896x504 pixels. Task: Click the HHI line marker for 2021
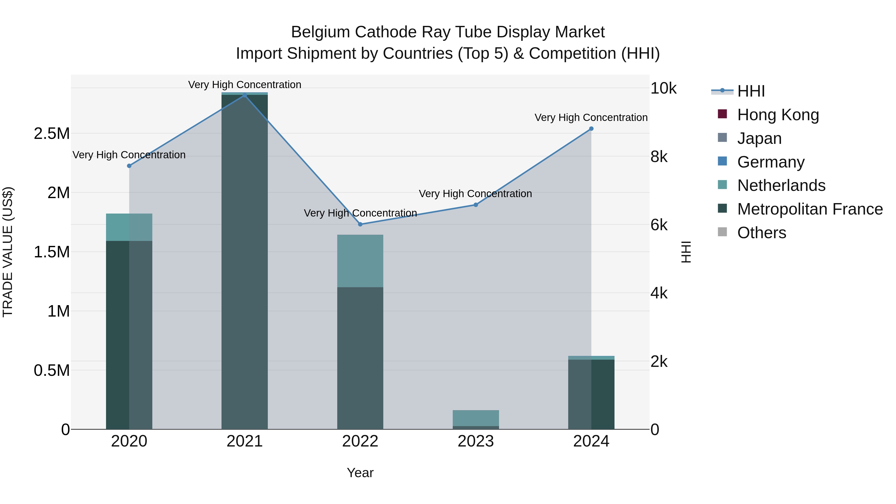coord(244,95)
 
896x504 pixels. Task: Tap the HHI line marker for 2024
coord(591,129)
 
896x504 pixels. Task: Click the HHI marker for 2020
coord(129,166)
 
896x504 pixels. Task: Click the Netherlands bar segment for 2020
coord(129,227)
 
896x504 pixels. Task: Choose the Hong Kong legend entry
coord(778,114)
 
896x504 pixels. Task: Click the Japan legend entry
coord(759,138)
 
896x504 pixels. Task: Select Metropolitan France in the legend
coord(810,209)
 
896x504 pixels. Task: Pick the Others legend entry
coord(761,233)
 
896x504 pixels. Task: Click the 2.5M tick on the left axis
coord(52,134)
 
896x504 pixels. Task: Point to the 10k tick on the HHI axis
coord(663,88)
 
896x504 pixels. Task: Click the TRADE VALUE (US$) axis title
coord(8,252)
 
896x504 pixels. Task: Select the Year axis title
coord(360,473)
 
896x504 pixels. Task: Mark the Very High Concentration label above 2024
coord(591,117)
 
